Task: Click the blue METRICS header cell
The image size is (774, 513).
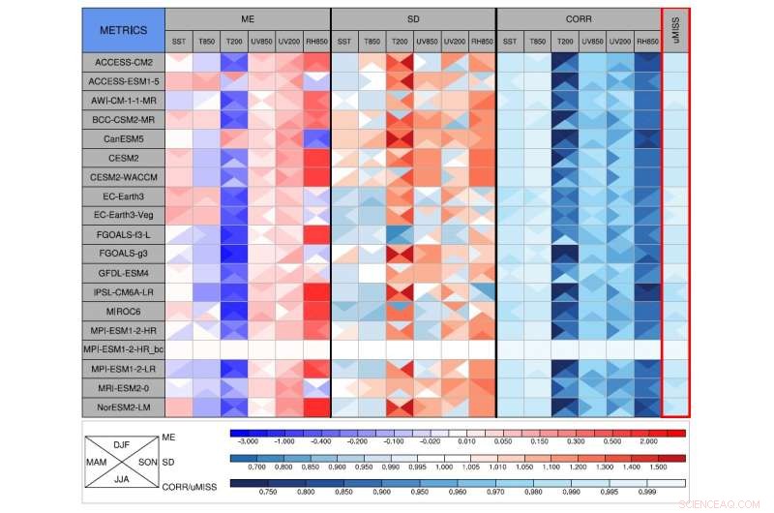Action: tap(123, 30)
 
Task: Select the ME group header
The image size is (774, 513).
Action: tap(248, 19)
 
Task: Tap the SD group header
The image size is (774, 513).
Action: tap(413, 19)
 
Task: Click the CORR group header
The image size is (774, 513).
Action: tap(579, 19)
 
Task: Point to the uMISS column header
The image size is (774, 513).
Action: tap(675, 30)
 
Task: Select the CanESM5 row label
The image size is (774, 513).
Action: tap(123, 139)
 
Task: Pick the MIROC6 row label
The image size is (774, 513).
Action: tap(123, 311)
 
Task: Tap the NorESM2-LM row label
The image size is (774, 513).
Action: tap(123, 407)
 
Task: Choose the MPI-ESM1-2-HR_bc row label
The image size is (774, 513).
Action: tap(123, 349)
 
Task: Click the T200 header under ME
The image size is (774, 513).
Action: tap(234, 42)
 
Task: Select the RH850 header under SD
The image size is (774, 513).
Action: tap(482, 42)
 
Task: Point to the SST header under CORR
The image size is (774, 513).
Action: tap(510, 42)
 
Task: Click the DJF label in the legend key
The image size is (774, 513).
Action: tap(122, 444)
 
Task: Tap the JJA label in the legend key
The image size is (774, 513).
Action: tap(122, 477)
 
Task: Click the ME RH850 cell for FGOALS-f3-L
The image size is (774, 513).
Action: tap(316, 234)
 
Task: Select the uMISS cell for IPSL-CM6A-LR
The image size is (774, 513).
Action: tap(675, 291)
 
